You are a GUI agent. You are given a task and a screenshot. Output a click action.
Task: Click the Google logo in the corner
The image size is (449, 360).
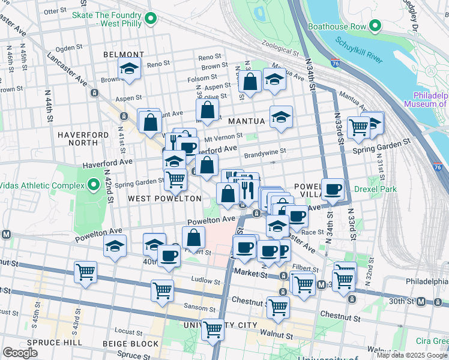(20, 353)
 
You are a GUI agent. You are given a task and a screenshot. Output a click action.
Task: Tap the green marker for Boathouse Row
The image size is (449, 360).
(376, 26)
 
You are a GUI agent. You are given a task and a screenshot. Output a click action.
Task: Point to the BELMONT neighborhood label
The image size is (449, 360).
(124, 55)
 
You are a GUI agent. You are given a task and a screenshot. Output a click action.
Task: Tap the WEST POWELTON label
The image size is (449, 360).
(164, 198)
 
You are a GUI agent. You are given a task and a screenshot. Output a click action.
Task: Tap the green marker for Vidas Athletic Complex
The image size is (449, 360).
(92, 184)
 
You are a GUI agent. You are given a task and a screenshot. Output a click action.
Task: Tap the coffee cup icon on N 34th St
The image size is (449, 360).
(333, 190)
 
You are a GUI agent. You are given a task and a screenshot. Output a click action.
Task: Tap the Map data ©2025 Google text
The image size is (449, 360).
(412, 355)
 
